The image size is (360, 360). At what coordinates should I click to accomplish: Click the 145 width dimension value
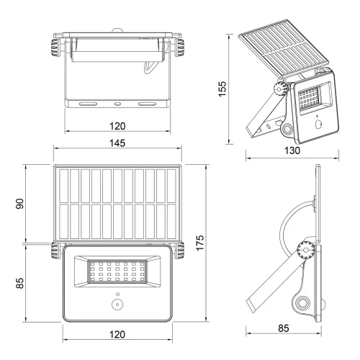coord(117,143)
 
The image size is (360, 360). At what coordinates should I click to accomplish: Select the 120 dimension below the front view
coord(117,335)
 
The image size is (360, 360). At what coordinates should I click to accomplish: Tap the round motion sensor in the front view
coord(117,305)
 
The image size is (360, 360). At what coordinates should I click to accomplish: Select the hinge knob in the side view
coord(305,252)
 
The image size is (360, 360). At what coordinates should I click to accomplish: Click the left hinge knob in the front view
coord(56,251)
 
